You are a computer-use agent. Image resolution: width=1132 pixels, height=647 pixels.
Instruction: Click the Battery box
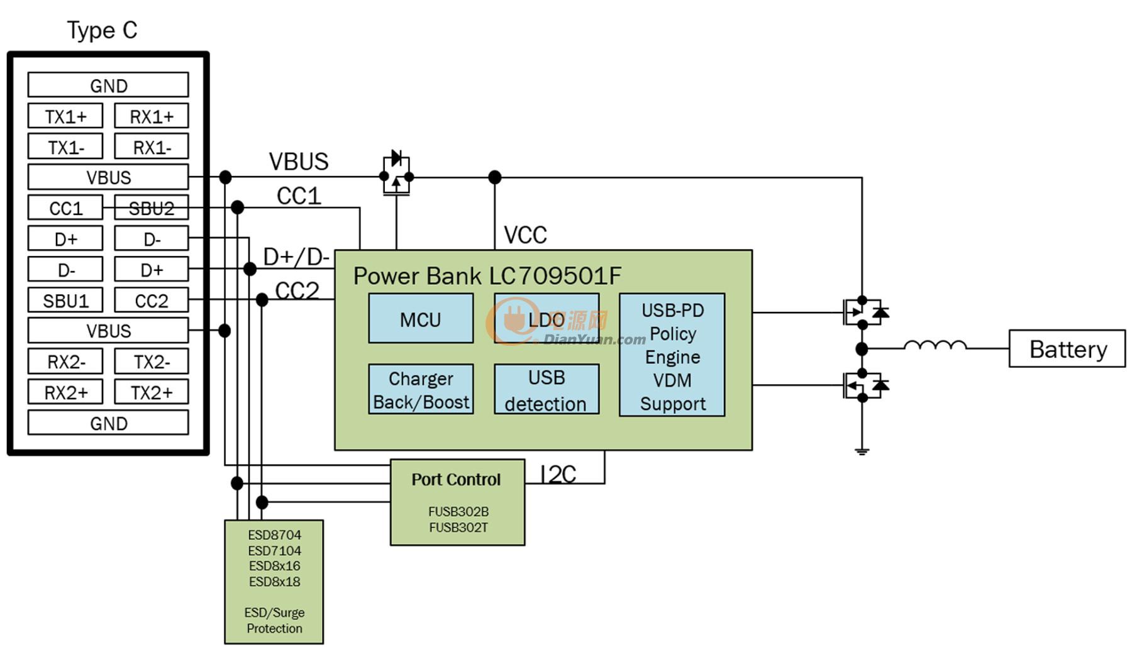(x=1067, y=348)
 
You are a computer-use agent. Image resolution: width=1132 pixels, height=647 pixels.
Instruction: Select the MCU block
(x=421, y=318)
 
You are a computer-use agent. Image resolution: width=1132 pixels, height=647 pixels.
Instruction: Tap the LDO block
(x=547, y=318)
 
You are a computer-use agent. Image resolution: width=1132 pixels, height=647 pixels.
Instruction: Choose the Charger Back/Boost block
(x=421, y=389)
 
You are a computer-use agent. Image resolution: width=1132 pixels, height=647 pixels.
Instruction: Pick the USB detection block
(x=547, y=389)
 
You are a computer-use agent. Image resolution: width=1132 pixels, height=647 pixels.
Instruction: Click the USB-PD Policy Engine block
(x=672, y=355)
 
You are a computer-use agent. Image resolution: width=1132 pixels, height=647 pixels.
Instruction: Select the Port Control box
(x=457, y=502)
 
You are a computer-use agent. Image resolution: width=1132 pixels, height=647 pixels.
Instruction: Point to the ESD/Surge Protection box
(x=274, y=582)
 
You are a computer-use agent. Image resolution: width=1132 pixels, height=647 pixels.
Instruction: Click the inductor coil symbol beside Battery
(x=935, y=345)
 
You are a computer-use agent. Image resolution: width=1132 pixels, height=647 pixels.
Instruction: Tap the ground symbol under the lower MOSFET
(x=862, y=450)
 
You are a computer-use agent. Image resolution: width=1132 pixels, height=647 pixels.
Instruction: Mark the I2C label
(x=558, y=474)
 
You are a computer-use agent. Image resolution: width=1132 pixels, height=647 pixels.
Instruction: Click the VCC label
(x=525, y=235)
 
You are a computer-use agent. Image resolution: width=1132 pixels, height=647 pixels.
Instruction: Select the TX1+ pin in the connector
(x=65, y=116)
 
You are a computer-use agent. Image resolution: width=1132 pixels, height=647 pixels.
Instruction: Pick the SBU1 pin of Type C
(x=65, y=301)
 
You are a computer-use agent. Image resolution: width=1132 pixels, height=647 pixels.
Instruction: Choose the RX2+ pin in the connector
(x=65, y=392)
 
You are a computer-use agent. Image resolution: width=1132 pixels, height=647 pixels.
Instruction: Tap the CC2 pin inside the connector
(x=152, y=301)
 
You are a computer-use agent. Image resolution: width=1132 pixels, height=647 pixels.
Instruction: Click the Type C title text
(x=102, y=30)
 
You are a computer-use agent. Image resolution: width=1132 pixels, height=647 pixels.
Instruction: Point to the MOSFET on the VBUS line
(x=396, y=174)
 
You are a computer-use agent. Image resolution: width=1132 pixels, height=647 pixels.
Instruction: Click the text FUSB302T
(x=458, y=528)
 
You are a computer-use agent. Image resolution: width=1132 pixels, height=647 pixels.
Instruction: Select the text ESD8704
(x=274, y=535)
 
